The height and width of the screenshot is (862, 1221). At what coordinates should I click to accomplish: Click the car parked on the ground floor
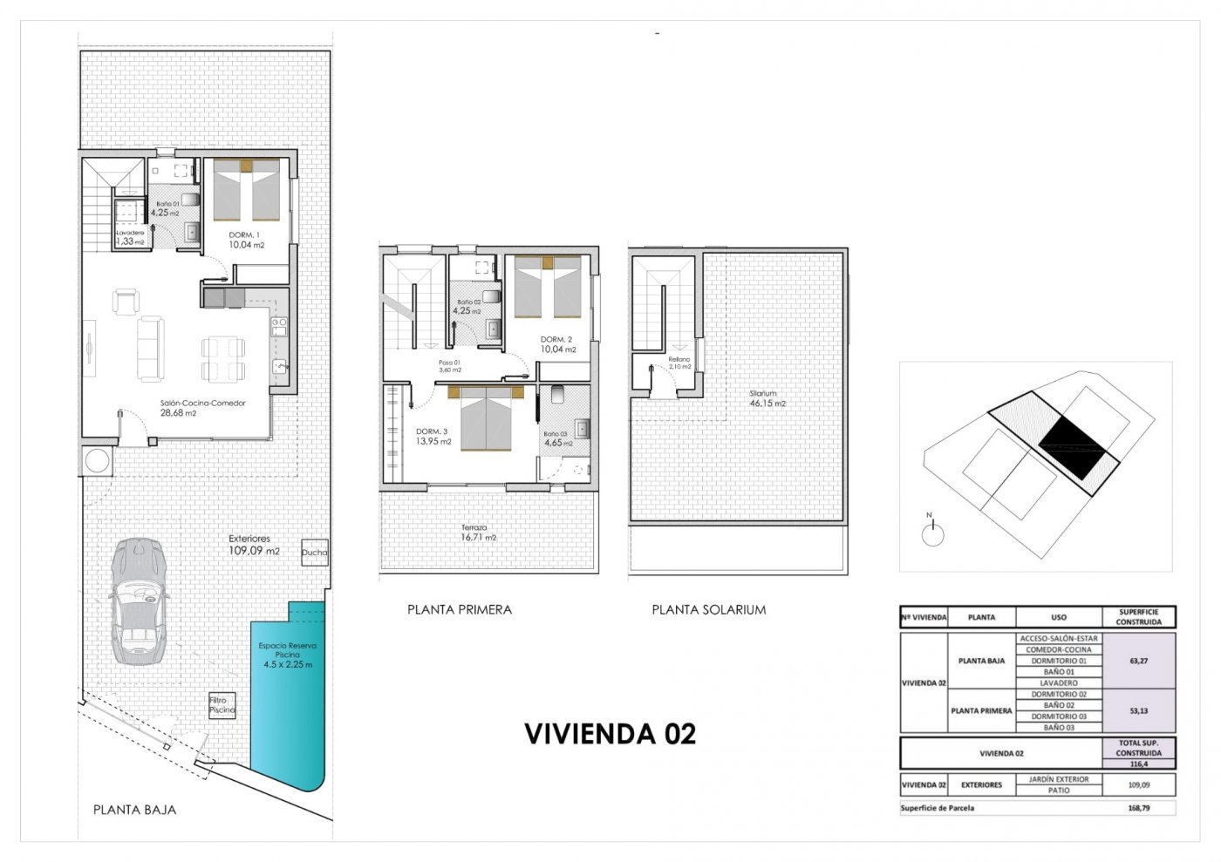[138, 601]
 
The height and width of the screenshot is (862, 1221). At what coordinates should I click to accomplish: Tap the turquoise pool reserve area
[288, 697]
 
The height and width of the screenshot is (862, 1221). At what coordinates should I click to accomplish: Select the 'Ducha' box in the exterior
[315, 552]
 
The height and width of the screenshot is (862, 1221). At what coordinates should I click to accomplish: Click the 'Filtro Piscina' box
[222, 705]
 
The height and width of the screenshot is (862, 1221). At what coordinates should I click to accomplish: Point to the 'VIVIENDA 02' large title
[610, 734]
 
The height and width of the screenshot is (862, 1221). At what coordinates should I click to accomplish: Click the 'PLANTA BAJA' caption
[134, 810]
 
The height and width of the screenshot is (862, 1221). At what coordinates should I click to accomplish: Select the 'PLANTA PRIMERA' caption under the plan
[459, 609]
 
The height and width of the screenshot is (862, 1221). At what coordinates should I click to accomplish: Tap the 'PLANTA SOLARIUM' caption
[708, 609]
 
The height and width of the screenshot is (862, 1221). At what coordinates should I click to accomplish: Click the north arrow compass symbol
[932, 532]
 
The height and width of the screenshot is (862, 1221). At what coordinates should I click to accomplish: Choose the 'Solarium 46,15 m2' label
[767, 398]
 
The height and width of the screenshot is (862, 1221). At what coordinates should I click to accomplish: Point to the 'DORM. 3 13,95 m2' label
[433, 437]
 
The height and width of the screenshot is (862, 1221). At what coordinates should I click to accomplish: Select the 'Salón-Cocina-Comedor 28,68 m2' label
[202, 408]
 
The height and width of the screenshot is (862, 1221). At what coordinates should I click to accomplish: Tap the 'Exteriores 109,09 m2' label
[254, 545]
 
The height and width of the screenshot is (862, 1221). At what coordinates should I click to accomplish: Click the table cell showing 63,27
[1138, 661]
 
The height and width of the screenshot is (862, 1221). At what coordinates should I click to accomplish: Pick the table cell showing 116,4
[1138, 764]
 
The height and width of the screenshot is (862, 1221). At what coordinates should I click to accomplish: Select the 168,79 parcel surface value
[1138, 808]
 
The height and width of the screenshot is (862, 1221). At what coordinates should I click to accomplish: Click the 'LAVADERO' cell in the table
[1058, 683]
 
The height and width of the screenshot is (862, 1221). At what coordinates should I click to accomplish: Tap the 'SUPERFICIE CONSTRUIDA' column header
[1138, 617]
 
